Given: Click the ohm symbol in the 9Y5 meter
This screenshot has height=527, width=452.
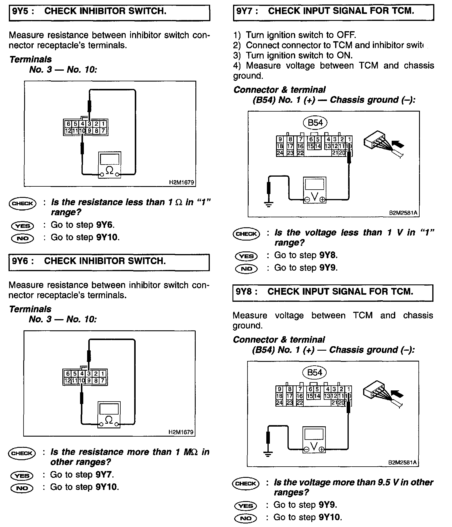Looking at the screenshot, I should [109, 170].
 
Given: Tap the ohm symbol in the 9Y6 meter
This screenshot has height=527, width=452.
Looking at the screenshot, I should [109, 420].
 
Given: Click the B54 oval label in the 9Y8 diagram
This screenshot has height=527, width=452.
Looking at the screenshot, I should [315, 372].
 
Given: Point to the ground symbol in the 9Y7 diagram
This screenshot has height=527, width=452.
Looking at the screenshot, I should [268, 204].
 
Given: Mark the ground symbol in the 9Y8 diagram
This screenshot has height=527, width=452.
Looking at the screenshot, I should [268, 453].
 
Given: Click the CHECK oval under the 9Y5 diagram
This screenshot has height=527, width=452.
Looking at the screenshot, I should [23, 203].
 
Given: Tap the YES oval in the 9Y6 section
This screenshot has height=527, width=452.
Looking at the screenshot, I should [22, 475].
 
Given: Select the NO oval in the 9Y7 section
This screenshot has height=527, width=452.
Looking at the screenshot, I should [246, 269].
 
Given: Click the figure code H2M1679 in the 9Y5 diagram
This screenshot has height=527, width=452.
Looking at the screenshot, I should [181, 183].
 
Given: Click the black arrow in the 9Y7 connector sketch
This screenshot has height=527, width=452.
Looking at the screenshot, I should [398, 145].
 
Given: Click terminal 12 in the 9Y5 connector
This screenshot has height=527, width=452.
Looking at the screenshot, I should [68, 131].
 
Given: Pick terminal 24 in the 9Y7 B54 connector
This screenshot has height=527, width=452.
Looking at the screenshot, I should [280, 153].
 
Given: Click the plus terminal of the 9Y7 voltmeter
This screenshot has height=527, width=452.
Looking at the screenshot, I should [323, 200].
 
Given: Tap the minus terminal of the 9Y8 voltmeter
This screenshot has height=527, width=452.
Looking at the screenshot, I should [306, 449].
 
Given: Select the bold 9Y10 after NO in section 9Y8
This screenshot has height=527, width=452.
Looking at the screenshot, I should [330, 517].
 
